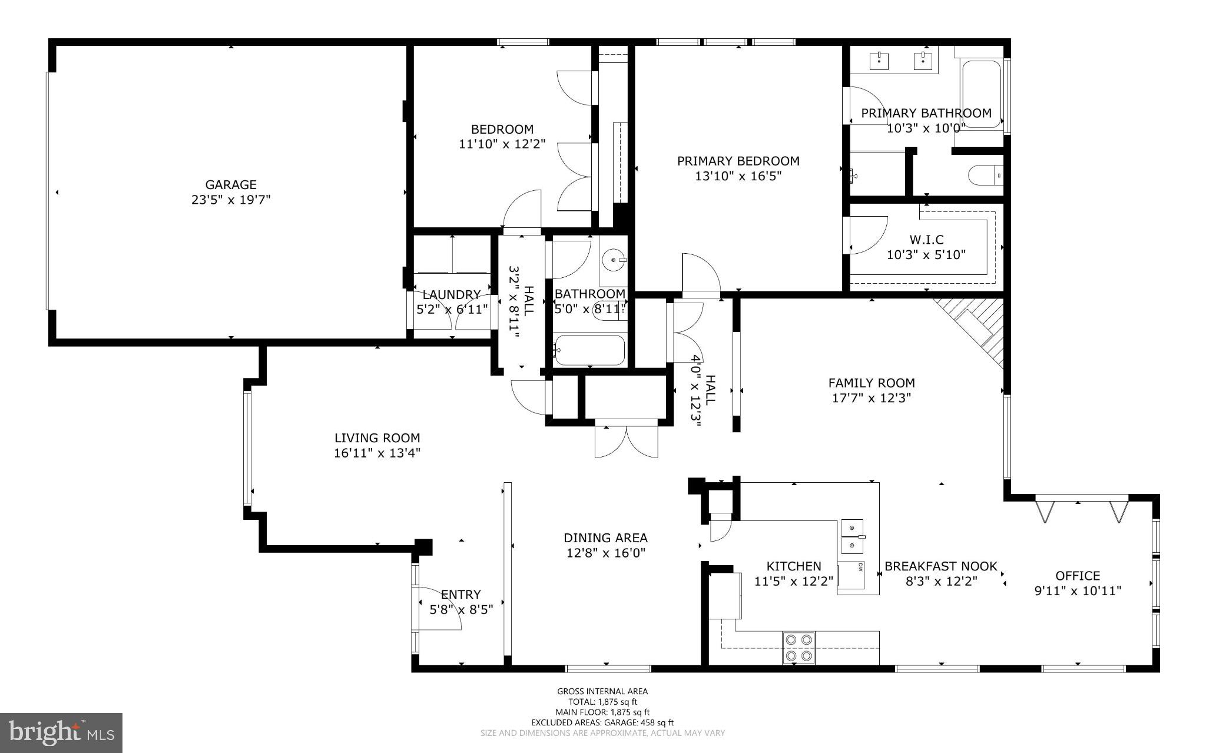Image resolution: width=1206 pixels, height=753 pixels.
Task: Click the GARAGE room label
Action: pyautogui.click(x=231, y=185)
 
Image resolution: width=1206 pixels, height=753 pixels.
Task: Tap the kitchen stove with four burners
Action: pyautogui.click(x=799, y=648)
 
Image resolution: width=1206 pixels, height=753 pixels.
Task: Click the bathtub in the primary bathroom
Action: pyautogui.click(x=980, y=94)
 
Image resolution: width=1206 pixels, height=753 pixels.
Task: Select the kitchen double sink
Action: pyautogui.click(x=852, y=537)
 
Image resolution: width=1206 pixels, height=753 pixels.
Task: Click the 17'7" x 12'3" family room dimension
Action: pyautogui.click(x=872, y=398)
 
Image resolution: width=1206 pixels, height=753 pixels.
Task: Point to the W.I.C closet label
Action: pyautogui.click(x=926, y=240)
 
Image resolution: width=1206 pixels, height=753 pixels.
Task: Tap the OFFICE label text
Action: pyautogui.click(x=1078, y=576)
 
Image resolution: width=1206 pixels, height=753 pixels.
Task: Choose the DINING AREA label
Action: pyautogui.click(x=605, y=538)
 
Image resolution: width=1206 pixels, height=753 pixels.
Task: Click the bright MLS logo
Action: pyautogui.click(x=61, y=733)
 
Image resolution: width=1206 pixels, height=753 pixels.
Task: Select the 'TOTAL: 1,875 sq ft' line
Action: pyautogui.click(x=602, y=702)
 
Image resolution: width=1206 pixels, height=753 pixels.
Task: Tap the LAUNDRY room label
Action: pyautogui.click(x=452, y=294)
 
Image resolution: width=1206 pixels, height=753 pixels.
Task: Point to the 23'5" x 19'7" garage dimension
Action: pyautogui.click(x=231, y=200)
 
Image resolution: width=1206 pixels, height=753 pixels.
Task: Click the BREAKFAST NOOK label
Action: pyautogui.click(x=941, y=566)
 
